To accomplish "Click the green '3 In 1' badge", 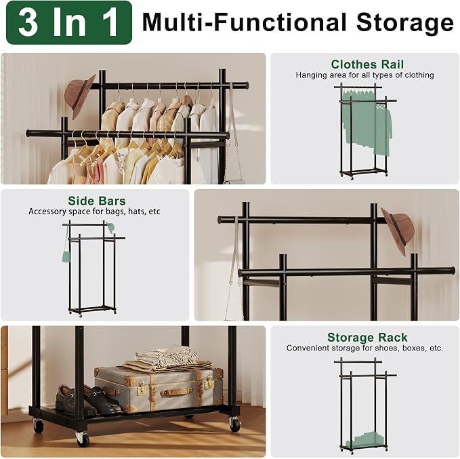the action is click(69, 22).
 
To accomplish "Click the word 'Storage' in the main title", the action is click(405, 23).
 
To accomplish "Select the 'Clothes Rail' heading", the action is click(367, 64).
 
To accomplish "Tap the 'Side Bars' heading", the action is click(96, 201).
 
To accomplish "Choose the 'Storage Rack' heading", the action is click(367, 337).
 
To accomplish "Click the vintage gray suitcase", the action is click(159, 389).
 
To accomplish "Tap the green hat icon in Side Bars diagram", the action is click(111, 228).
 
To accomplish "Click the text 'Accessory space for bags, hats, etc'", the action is click(94, 212).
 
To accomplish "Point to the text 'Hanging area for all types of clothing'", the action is click(364, 75).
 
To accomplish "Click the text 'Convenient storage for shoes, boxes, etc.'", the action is click(364, 348).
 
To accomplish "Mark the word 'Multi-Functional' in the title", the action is click(245, 22).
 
